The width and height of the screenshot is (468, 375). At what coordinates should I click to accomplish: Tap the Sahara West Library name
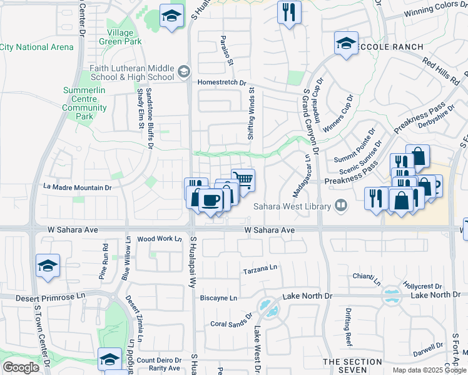292,207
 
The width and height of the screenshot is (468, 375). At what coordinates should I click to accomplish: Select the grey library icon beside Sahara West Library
341,205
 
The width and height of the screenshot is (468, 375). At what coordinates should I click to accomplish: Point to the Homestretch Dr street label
222,82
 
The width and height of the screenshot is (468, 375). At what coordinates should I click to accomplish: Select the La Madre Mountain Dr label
78,187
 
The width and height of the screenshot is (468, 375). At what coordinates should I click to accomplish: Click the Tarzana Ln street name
260,271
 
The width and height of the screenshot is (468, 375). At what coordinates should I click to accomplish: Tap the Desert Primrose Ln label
42,296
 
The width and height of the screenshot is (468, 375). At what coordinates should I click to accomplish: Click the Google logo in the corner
21,367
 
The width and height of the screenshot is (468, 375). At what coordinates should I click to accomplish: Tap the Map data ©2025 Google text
429,370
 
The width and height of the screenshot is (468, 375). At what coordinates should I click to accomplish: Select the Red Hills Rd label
440,71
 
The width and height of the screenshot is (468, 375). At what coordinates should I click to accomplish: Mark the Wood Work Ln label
159,239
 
